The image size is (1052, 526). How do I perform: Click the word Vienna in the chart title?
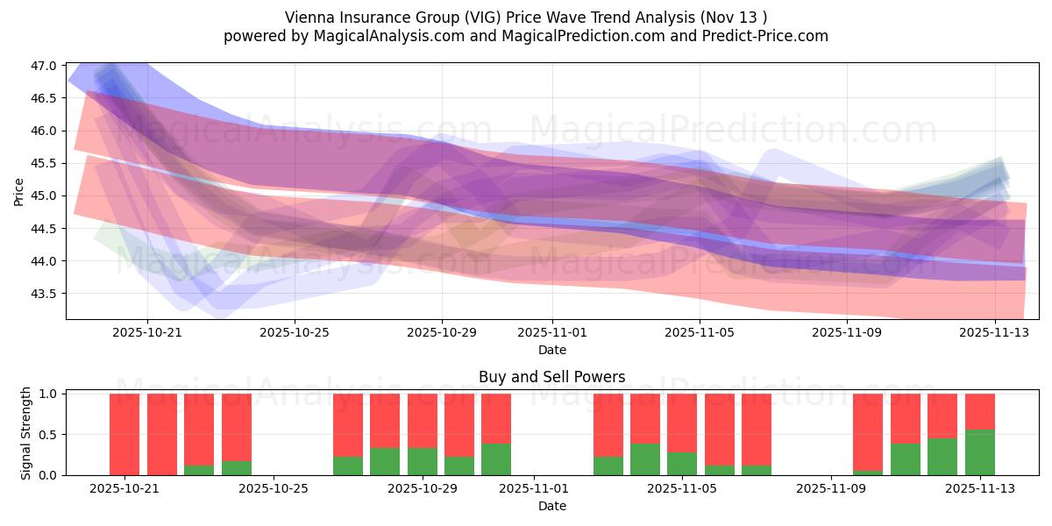click(307, 18)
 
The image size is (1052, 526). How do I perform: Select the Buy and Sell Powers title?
click(551, 378)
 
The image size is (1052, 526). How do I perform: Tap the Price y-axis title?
click(19, 190)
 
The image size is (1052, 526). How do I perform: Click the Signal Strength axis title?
click(26, 434)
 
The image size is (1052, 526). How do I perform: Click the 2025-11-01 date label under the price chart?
click(552, 332)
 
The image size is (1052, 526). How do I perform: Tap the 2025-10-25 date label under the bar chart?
click(274, 489)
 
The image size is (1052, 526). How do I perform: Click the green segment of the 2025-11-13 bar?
click(979, 452)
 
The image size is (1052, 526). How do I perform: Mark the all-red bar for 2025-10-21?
click(124, 434)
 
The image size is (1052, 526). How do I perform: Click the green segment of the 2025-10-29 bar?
click(423, 461)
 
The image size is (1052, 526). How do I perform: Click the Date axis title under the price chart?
click(551, 350)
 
